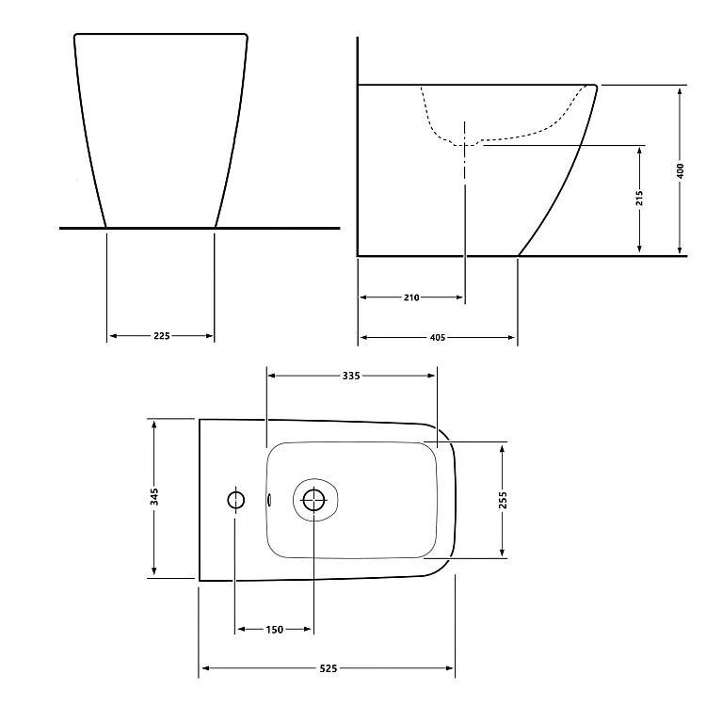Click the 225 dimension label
pos(162,336)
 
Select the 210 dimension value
pos(411,297)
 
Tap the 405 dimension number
pos(438,338)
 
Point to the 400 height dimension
pos(681,170)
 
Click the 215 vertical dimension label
pos(639,198)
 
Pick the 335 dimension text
pos(351,376)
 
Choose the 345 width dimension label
pos(154,497)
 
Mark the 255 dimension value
pos(503,500)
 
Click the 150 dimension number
pos(275,630)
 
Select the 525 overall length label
pos(329,668)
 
